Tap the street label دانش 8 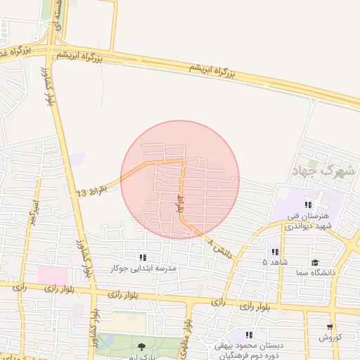click(x=219, y=247)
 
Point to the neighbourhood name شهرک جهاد click(x=323, y=170)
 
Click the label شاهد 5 click(x=274, y=262)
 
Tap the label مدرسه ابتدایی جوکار click(x=144, y=269)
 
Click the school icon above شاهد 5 click(x=274, y=252)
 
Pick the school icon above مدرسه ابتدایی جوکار click(x=143, y=258)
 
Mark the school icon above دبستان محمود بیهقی click(x=250, y=335)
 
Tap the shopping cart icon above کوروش click(x=330, y=328)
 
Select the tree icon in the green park click(x=143, y=346)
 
